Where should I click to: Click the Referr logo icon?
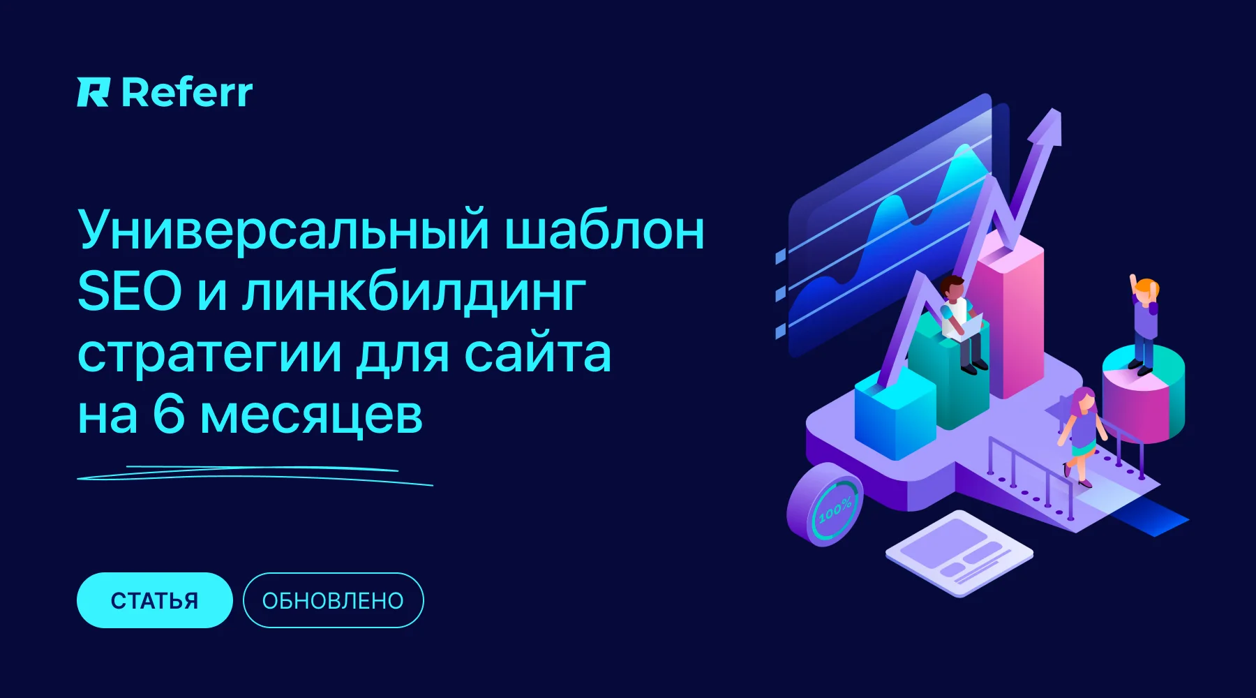click(93, 93)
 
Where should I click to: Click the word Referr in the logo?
click(187, 93)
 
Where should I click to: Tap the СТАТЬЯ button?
click(154, 600)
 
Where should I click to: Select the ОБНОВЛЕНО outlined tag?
click(333, 600)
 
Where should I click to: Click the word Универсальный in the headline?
click(283, 230)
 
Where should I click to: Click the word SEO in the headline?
click(130, 292)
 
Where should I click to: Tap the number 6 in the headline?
click(169, 415)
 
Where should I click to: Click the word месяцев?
click(311, 417)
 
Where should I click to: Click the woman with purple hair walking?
click(1082, 436)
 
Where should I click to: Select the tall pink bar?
click(1008, 314)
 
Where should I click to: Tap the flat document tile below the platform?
click(959, 553)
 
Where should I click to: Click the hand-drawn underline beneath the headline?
click(255, 475)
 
